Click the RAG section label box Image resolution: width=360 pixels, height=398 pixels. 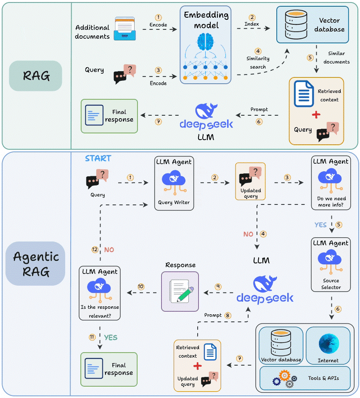(36, 76)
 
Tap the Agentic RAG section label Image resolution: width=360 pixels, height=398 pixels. (36, 263)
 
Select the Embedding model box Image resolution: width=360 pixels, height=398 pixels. (206, 45)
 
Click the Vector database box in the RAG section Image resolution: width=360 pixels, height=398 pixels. (312, 25)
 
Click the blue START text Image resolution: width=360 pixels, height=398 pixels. (98, 159)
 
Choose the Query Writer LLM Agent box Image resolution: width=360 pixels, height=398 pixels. (174, 183)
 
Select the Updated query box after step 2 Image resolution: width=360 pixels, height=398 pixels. (250, 181)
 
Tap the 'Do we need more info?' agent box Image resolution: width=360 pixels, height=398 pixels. (330, 183)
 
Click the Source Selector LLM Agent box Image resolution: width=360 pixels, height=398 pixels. (330, 265)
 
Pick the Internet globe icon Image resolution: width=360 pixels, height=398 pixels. (328, 343)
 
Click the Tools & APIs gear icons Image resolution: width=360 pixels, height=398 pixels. (285, 378)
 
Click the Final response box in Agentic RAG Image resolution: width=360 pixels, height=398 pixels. (109, 369)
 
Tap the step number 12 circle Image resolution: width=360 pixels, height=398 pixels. (95, 249)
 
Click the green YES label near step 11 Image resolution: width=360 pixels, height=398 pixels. (111, 337)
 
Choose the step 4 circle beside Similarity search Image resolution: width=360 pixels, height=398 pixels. (258, 51)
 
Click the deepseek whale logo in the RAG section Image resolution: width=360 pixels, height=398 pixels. (206, 111)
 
